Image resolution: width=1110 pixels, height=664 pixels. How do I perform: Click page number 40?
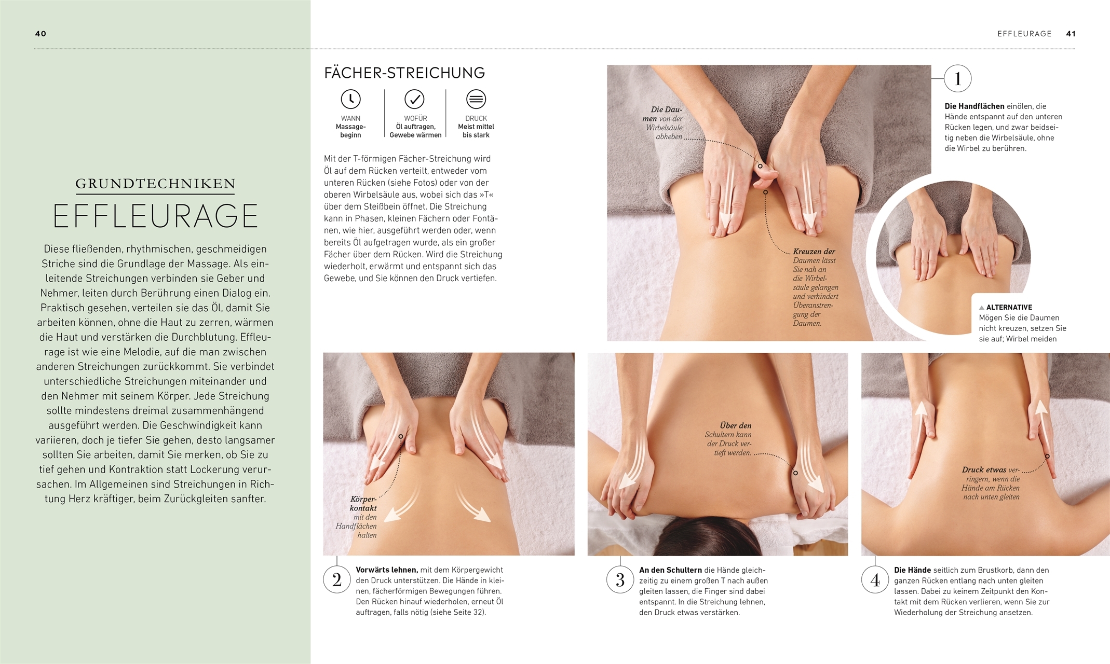click(x=40, y=34)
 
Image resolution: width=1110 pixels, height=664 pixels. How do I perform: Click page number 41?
click(x=1071, y=34)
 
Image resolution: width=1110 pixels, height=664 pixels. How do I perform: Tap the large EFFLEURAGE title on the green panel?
click(x=155, y=216)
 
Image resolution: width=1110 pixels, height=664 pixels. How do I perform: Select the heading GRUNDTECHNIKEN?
click(x=155, y=184)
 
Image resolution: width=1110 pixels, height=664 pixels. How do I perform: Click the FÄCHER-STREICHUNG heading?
click(x=404, y=73)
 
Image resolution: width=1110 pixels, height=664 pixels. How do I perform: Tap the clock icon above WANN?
click(x=350, y=99)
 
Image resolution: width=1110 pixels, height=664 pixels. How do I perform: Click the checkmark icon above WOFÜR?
click(x=414, y=99)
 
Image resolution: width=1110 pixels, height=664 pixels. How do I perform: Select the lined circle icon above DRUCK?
click(x=476, y=99)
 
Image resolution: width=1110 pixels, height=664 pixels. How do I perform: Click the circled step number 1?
click(x=958, y=79)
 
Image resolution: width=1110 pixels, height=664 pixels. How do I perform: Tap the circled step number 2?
click(x=337, y=579)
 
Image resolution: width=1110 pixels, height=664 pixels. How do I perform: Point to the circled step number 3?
click(x=620, y=579)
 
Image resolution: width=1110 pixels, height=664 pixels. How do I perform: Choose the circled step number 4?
click(x=875, y=579)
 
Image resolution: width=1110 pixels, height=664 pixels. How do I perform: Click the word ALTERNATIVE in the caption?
click(x=1009, y=307)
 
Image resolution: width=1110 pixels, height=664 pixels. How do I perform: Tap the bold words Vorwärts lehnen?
click(x=387, y=570)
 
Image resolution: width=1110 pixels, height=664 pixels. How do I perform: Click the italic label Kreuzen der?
click(x=814, y=252)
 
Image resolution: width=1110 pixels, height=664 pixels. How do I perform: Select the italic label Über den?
click(x=736, y=426)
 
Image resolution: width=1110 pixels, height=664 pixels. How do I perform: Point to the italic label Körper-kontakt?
click(x=363, y=504)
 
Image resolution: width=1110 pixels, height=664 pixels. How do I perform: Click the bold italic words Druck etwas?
click(x=984, y=470)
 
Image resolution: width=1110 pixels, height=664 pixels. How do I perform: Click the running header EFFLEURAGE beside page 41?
click(x=1024, y=34)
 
